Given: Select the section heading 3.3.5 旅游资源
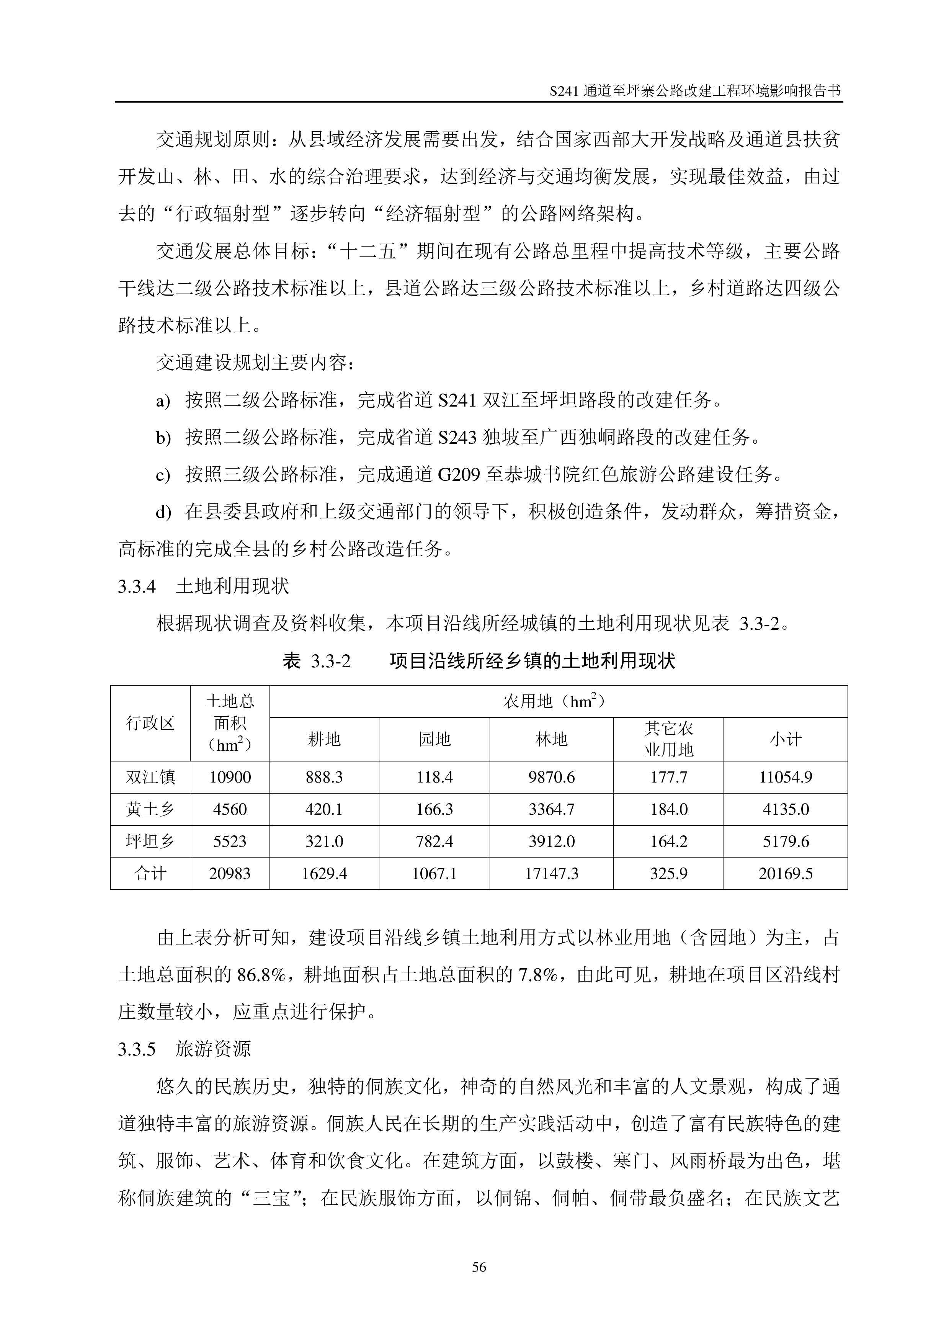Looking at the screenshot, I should (x=184, y=1049).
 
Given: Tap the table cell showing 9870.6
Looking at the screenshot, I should (x=551, y=778).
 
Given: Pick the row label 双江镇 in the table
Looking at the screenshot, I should (x=150, y=778).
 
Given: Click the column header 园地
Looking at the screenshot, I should (x=434, y=739).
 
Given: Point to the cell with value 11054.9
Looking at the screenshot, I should (x=785, y=778).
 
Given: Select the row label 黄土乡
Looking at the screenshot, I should (x=150, y=810).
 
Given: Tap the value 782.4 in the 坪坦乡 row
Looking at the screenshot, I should (x=434, y=842).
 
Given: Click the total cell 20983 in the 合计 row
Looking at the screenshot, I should (x=230, y=874).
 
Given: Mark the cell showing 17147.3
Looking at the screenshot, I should (x=551, y=874).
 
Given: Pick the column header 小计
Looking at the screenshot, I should (x=785, y=739).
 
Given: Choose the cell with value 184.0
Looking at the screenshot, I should (x=668, y=810).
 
